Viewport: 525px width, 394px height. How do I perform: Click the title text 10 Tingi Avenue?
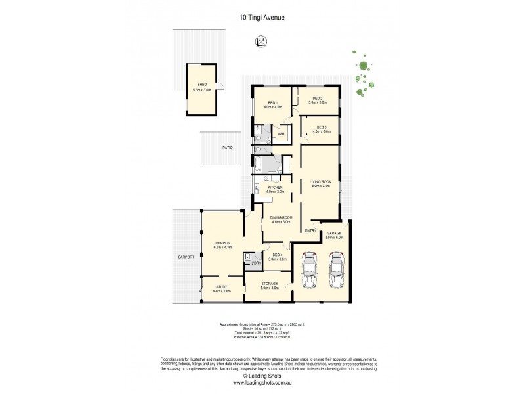[262, 20]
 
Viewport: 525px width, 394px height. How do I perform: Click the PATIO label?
[227, 148]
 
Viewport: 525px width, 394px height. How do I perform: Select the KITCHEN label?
[275, 189]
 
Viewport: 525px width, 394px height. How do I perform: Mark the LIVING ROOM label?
[321, 183]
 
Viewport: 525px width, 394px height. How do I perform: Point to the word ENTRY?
[310, 230]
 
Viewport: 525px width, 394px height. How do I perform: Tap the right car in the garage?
[336, 271]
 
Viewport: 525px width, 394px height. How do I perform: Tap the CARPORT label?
[186, 257]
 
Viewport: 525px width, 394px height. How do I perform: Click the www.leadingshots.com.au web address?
[262, 383]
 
